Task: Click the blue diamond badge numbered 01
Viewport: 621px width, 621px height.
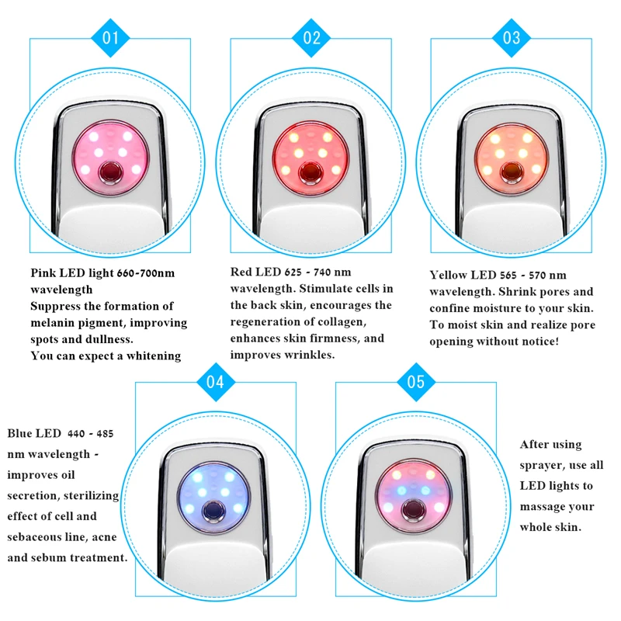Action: tap(110, 38)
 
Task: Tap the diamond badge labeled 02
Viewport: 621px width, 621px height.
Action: tap(311, 38)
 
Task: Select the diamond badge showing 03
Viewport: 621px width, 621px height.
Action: tap(512, 38)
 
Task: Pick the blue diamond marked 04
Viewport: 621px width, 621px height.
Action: tap(216, 382)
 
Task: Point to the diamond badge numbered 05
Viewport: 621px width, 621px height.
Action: tap(416, 382)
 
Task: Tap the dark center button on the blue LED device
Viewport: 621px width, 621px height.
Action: tap(214, 511)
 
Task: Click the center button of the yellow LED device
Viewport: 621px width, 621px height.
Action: tap(512, 172)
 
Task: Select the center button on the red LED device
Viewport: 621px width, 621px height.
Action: tap(311, 172)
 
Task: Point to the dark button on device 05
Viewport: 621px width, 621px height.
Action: tap(414, 510)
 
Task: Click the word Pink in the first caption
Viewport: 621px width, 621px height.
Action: tap(43, 273)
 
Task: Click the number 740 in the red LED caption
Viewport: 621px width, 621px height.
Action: tap(321, 272)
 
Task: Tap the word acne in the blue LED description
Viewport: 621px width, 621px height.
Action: tap(104, 537)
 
